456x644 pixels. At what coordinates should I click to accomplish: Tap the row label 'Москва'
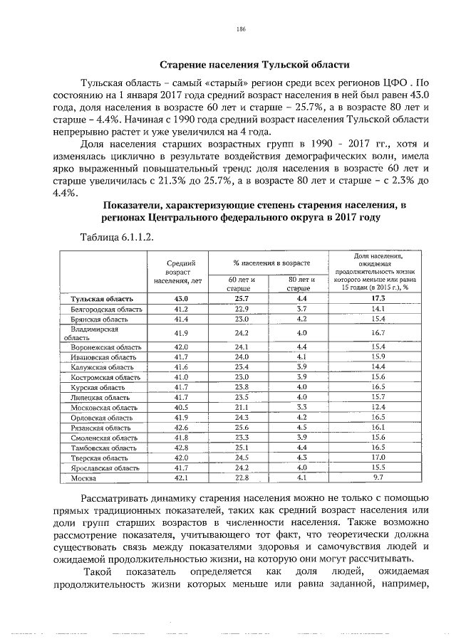(83, 478)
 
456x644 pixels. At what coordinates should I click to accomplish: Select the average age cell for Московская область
(180, 407)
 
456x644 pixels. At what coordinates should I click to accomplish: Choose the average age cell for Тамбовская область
(180, 448)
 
